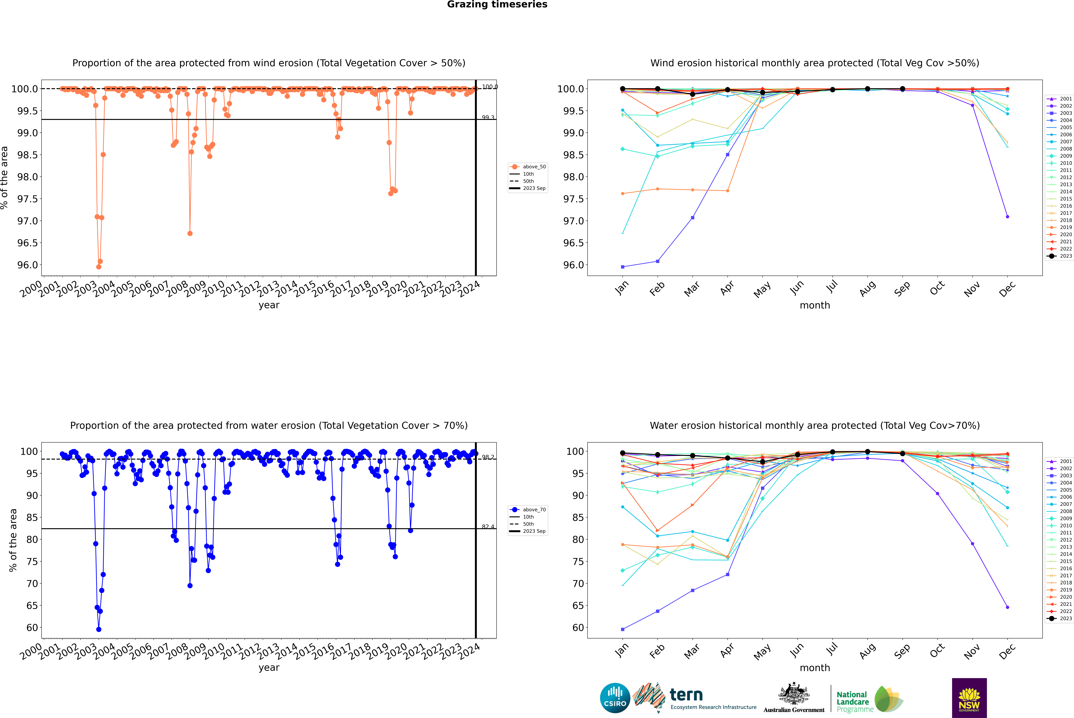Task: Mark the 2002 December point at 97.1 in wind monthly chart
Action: coord(1007,217)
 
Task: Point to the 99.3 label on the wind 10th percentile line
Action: coord(488,118)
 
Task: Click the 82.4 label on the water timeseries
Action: coord(488,527)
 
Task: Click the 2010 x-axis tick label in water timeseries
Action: coord(213,651)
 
